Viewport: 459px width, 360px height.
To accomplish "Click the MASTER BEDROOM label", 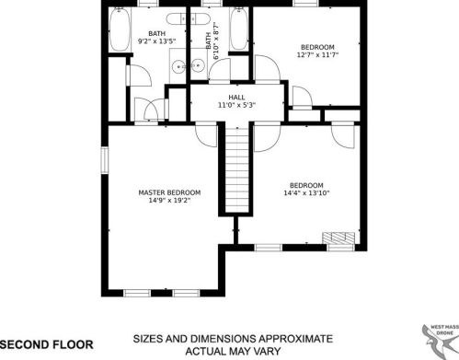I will (x=169, y=192).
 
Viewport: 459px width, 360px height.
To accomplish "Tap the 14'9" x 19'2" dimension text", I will (x=169, y=202).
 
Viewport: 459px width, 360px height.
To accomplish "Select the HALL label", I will (x=236, y=96).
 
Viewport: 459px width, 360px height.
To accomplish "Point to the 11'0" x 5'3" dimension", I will (x=236, y=105).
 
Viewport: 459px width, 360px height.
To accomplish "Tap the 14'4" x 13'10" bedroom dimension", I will (x=305, y=193).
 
